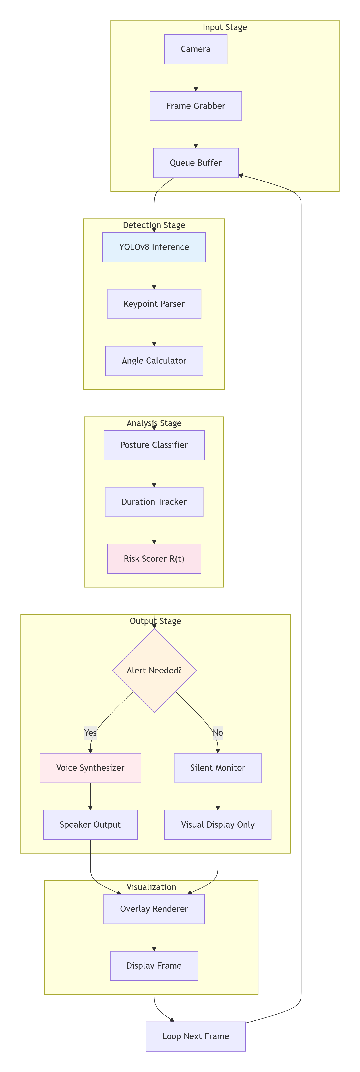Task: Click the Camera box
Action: pyautogui.click(x=196, y=49)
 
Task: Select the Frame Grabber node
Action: pyautogui.click(x=196, y=106)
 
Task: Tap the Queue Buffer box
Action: pyautogui.click(x=196, y=163)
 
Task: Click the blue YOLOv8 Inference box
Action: pyautogui.click(x=154, y=247)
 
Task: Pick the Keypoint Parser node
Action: pyautogui.click(x=154, y=304)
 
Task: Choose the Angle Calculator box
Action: pyautogui.click(x=154, y=361)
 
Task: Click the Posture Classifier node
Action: pyautogui.click(x=154, y=445)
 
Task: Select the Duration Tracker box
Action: pyautogui.click(x=154, y=502)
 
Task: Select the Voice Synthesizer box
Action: pyautogui.click(x=90, y=768)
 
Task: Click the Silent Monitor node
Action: pyautogui.click(x=218, y=768)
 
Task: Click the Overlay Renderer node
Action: pyautogui.click(x=154, y=909)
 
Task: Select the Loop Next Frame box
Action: pyautogui.click(x=196, y=1036)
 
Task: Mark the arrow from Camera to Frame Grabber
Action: pyautogui.click(x=196, y=77)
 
